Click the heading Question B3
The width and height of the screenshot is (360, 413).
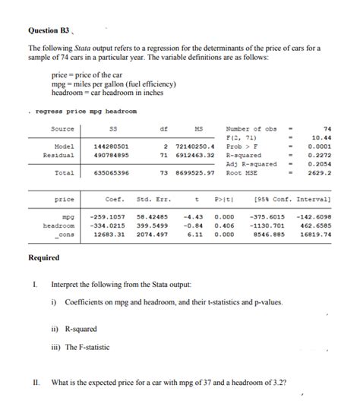click(49, 31)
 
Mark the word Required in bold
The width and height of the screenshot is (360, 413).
click(45, 257)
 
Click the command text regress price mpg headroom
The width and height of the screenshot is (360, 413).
click(77, 112)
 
